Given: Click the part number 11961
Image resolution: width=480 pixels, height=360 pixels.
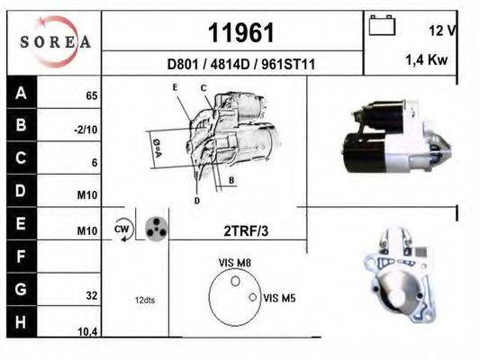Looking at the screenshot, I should tap(233, 33).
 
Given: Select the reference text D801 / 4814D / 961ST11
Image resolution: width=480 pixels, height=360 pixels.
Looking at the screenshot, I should tap(233, 65).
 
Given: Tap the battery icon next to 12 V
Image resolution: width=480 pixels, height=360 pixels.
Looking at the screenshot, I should tap(383, 27).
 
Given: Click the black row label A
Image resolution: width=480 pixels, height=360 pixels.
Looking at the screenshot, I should tap(21, 93).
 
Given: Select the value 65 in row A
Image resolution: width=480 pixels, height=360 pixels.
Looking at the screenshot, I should tap(91, 94).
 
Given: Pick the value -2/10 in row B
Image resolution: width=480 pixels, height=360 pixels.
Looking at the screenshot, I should tap(86, 130).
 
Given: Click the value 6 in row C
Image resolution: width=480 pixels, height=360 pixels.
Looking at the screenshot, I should tap(94, 164).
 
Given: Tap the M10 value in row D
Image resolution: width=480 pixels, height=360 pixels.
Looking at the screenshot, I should tap(87, 197).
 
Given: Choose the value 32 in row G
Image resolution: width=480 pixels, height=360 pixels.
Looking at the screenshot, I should tap(91, 293).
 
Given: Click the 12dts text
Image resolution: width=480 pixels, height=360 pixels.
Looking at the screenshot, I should tap(145, 300).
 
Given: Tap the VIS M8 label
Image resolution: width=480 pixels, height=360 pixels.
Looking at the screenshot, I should tap(234, 262).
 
